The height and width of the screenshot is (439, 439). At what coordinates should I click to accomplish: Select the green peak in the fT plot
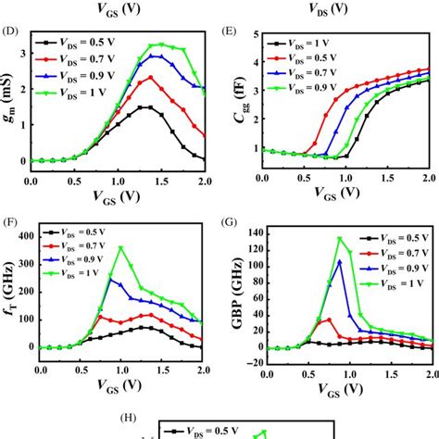coord(120,247)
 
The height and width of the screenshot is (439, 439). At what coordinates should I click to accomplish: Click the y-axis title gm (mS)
coord(10,102)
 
